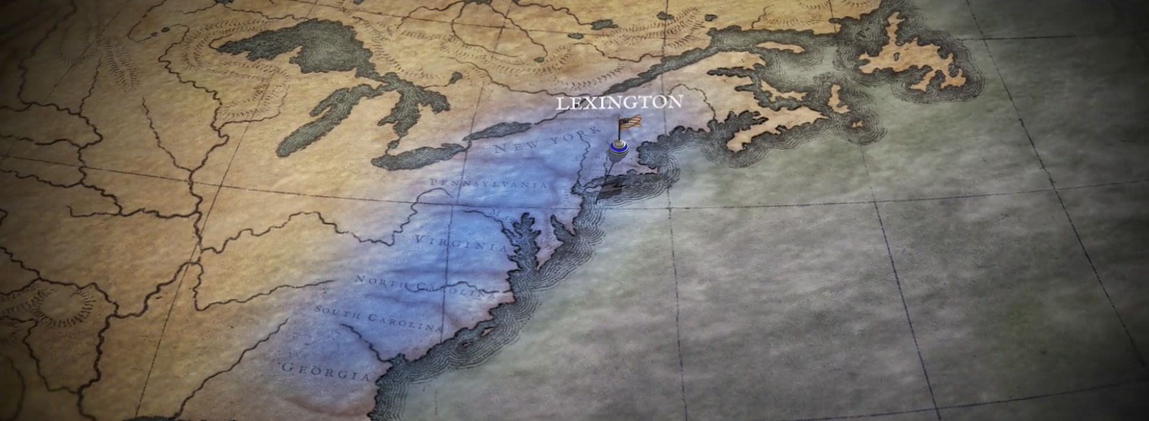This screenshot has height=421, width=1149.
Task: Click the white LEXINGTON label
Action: point(619,103)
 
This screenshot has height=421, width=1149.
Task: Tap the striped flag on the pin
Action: point(631,121)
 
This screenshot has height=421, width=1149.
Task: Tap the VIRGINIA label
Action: point(462,243)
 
